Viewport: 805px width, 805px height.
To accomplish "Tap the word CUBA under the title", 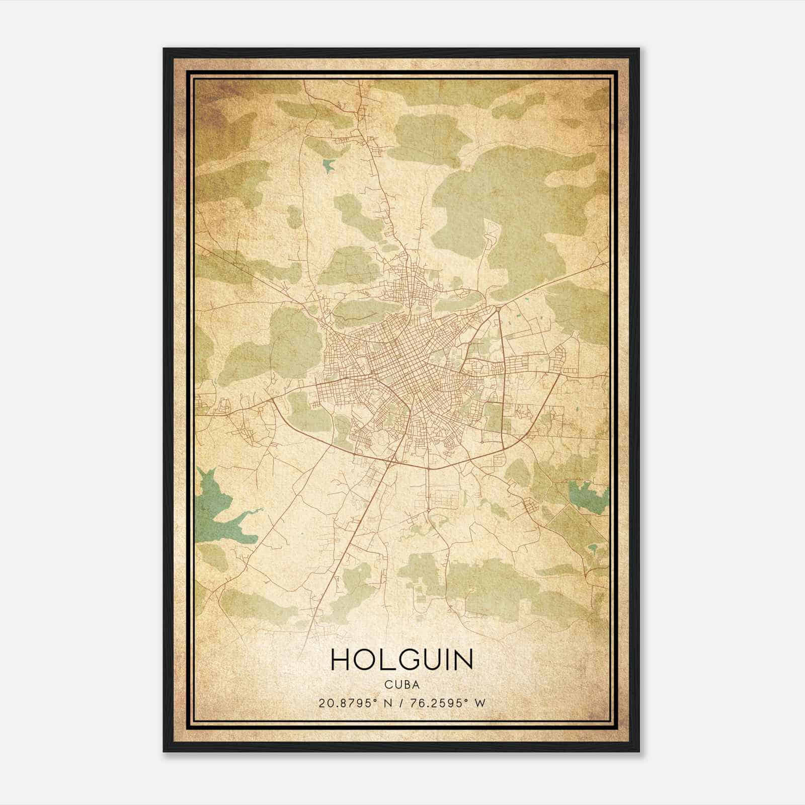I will point(402,684).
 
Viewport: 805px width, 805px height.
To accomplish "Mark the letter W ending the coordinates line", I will point(481,703).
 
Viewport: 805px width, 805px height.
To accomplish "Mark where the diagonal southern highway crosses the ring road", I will point(392,458).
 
